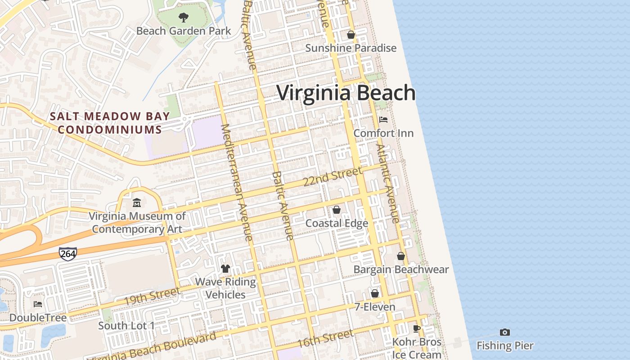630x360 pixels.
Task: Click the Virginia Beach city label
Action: pos(346,93)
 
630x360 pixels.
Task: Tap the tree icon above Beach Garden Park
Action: pos(183,18)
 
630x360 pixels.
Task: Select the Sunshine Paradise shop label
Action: pos(351,48)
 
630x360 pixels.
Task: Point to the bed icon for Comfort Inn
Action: pos(383,120)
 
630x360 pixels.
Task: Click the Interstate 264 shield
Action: pos(68,254)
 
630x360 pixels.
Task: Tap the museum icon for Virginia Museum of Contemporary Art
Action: pos(137,203)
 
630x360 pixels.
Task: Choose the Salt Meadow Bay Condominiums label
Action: pos(110,123)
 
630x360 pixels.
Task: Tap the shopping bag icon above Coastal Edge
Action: pos(337,210)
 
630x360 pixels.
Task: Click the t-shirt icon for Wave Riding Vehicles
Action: pos(225,269)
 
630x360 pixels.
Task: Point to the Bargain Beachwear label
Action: pos(401,270)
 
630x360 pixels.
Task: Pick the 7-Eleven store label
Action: pos(375,307)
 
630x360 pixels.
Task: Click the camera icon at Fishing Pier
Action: pos(505,333)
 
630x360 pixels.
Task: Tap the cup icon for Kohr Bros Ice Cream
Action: pos(417,328)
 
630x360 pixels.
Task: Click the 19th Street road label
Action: pos(152,296)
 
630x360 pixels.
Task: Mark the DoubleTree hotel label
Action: pos(38,318)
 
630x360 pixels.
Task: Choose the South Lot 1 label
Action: pos(126,325)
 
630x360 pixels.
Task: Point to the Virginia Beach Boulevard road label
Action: pos(153,347)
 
